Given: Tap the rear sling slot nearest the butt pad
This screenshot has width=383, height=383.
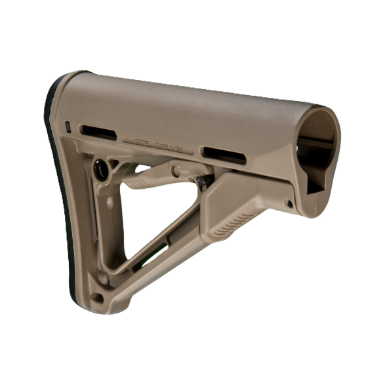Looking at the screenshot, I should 98,131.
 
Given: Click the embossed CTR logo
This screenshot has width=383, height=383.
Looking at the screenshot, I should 142,140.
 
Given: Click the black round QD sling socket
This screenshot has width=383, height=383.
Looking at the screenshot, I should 102,170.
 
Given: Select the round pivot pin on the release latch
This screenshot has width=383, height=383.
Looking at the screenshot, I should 176,171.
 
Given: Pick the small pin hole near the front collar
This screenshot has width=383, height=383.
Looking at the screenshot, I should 289,204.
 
